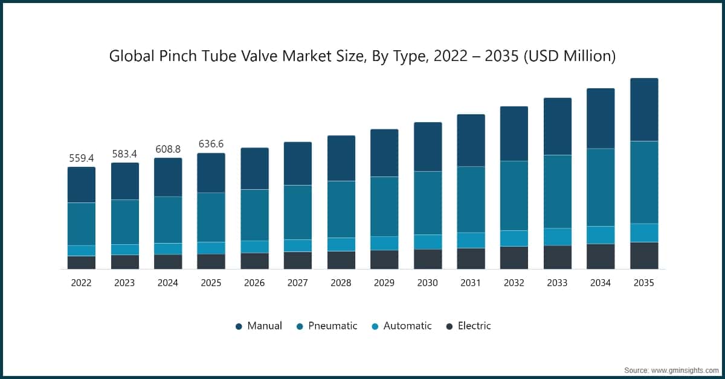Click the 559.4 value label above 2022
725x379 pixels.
tap(82, 158)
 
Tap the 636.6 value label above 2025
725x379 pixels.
tap(211, 144)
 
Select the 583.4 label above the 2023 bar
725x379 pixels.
tap(124, 154)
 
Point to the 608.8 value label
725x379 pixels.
tap(168, 149)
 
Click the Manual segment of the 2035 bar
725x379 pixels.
tap(644, 110)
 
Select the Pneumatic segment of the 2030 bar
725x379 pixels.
tap(428, 203)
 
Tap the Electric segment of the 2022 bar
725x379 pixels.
tap(82, 262)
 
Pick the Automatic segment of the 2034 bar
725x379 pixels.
tap(601, 235)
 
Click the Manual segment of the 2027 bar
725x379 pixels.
tap(298, 164)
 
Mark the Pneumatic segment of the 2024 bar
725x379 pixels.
tap(168, 220)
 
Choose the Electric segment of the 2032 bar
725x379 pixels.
tap(514, 258)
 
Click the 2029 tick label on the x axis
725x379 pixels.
tap(384, 283)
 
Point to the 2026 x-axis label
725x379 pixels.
tap(254, 283)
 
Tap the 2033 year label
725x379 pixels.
tap(558, 283)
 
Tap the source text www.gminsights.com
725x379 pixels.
tap(683, 369)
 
